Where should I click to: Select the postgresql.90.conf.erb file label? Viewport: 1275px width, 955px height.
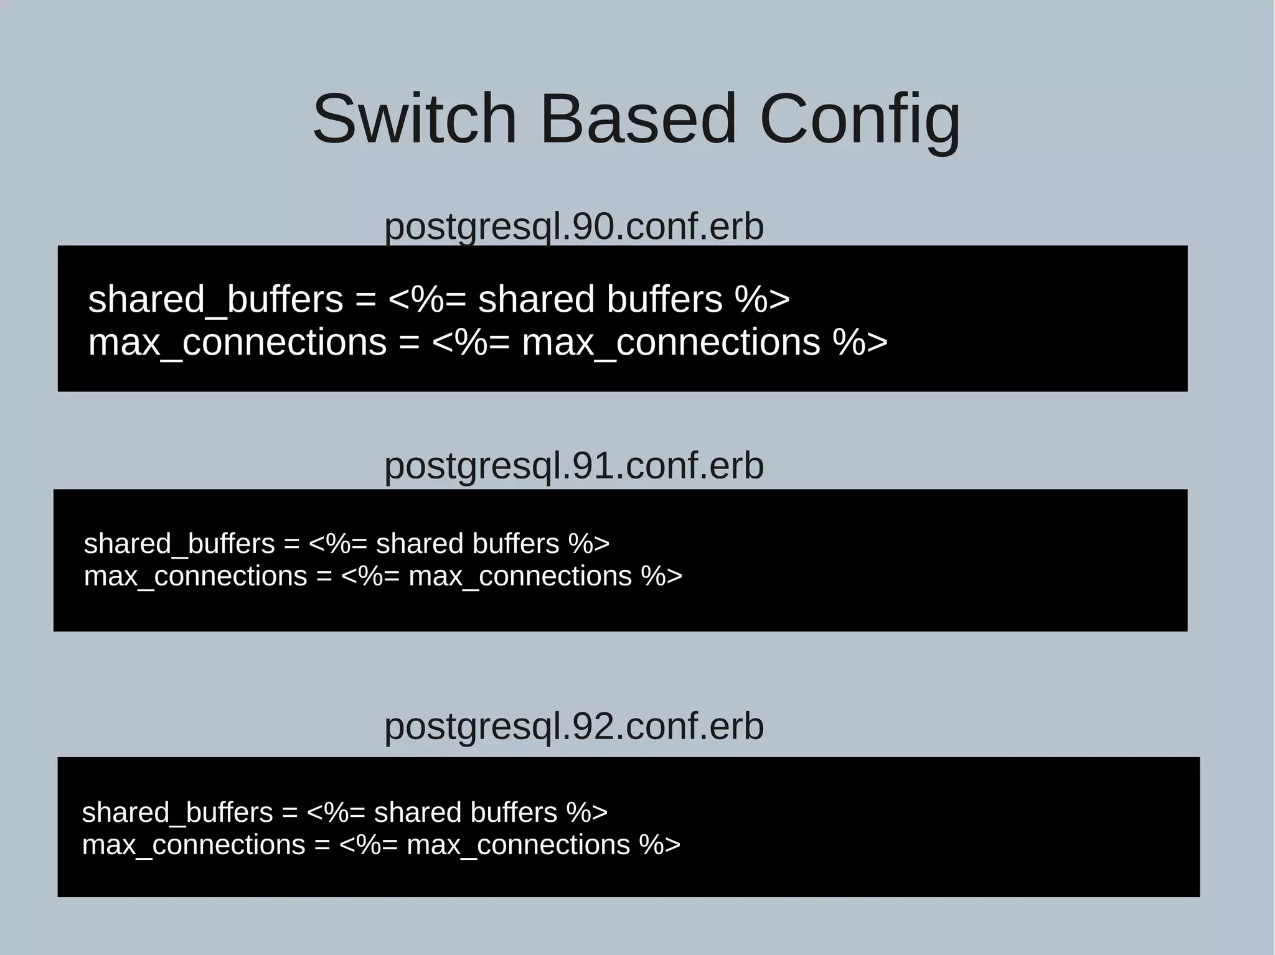(x=573, y=226)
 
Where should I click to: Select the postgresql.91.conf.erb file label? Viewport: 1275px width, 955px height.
(x=573, y=466)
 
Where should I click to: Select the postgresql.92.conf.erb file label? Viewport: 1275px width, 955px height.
(x=573, y=726)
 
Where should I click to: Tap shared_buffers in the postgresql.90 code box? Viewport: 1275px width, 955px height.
(x=215, y=299)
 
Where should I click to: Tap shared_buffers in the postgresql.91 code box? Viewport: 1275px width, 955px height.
(x=179, y=544)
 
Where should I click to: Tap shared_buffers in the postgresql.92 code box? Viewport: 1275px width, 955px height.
(x=177, y=813)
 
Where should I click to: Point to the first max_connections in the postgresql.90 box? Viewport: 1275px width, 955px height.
(x=237, y=343)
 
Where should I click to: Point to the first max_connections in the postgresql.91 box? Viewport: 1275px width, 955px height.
(x=195, y=576)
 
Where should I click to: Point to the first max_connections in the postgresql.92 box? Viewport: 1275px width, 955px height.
(x=194, y=845)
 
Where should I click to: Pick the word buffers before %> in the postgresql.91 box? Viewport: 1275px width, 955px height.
(x=515, y=544)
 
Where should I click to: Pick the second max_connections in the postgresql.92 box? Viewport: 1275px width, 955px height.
(x=518, y=845)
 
